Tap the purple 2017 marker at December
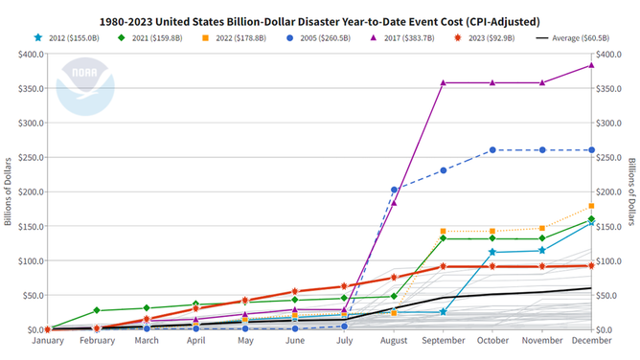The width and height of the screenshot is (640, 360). point(591,65)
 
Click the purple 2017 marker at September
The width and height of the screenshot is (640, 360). point(443,82)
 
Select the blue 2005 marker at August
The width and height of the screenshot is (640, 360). point(394,190)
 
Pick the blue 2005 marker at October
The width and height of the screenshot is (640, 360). point(492,150)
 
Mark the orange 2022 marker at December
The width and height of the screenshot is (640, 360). point(591,206)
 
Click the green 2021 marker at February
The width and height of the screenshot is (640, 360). point(97,310)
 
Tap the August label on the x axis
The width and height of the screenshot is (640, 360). point(394,340)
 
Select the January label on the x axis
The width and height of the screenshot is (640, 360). point(48,340)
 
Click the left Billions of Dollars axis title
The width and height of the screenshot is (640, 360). point(8,191)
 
